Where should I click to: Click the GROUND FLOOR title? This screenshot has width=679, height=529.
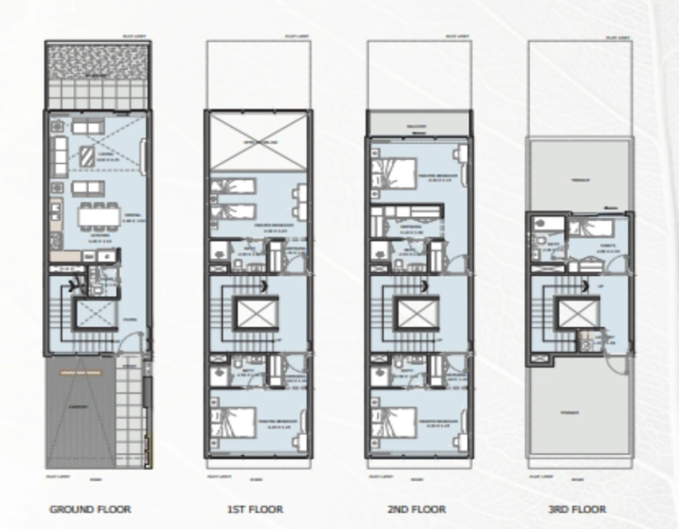[x=90, y=509]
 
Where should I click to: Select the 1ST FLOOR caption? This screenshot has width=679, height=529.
[x=255, y=509]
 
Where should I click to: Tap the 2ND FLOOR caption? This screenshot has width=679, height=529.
[x=416, y=509]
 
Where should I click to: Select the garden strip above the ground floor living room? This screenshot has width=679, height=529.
[x=96, y=74]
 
